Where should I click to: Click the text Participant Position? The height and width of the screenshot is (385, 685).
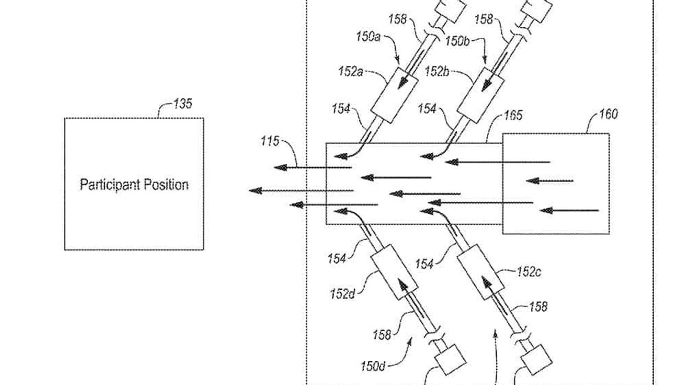coord(134,184)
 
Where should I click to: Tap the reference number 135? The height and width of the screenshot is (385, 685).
coord(182,103)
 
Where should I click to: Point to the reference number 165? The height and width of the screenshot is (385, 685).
coord(513,117)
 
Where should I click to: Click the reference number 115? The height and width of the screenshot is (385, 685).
coord(270,141)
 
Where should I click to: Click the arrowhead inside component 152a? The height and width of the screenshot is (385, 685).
coord(405,82)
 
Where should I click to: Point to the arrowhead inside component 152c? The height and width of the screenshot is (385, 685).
coord(486,283)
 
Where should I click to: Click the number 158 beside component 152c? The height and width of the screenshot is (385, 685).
coord(538,306)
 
